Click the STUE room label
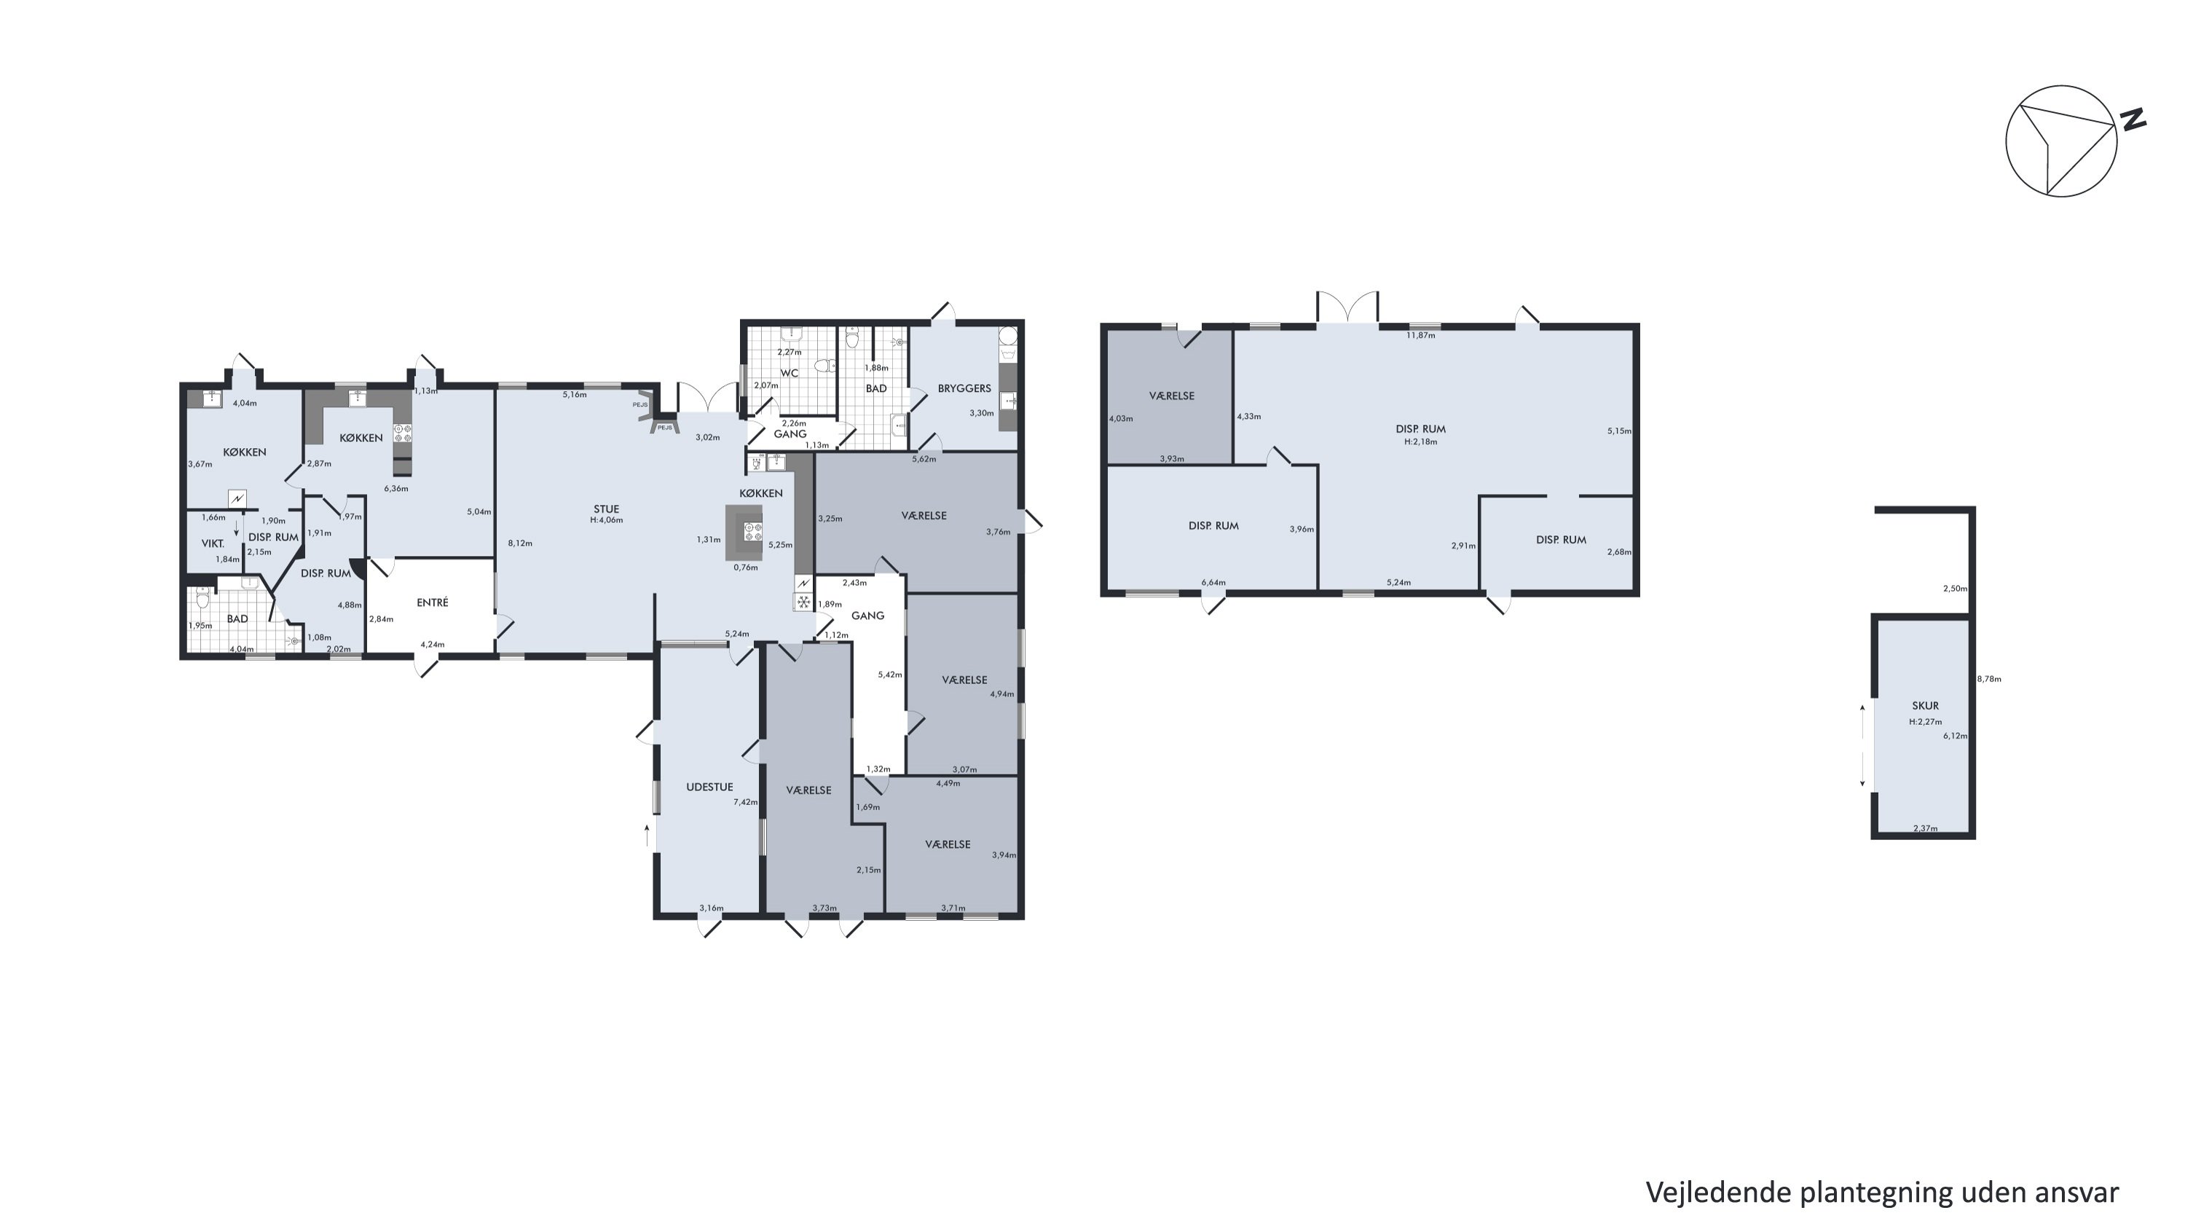tap(606, 509)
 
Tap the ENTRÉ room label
tap(433, 602)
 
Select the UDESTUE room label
tap(709, 787)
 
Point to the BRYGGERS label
tap(964, 388)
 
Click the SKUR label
tap(1926, 706)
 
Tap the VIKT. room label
tap(213, 543)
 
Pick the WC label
tap(789, 373)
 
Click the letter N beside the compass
tap(2133, 120)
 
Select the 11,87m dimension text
tap(1421, 335)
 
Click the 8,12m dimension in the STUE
tap(520, 543)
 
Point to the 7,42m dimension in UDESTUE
tap(746, 801)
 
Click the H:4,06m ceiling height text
tap(607, 520)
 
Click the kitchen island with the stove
tap(744, 533)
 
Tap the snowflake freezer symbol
tap(803, 602)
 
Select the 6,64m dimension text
tap(1214, 583)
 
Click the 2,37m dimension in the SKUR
tap(1926, 828)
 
